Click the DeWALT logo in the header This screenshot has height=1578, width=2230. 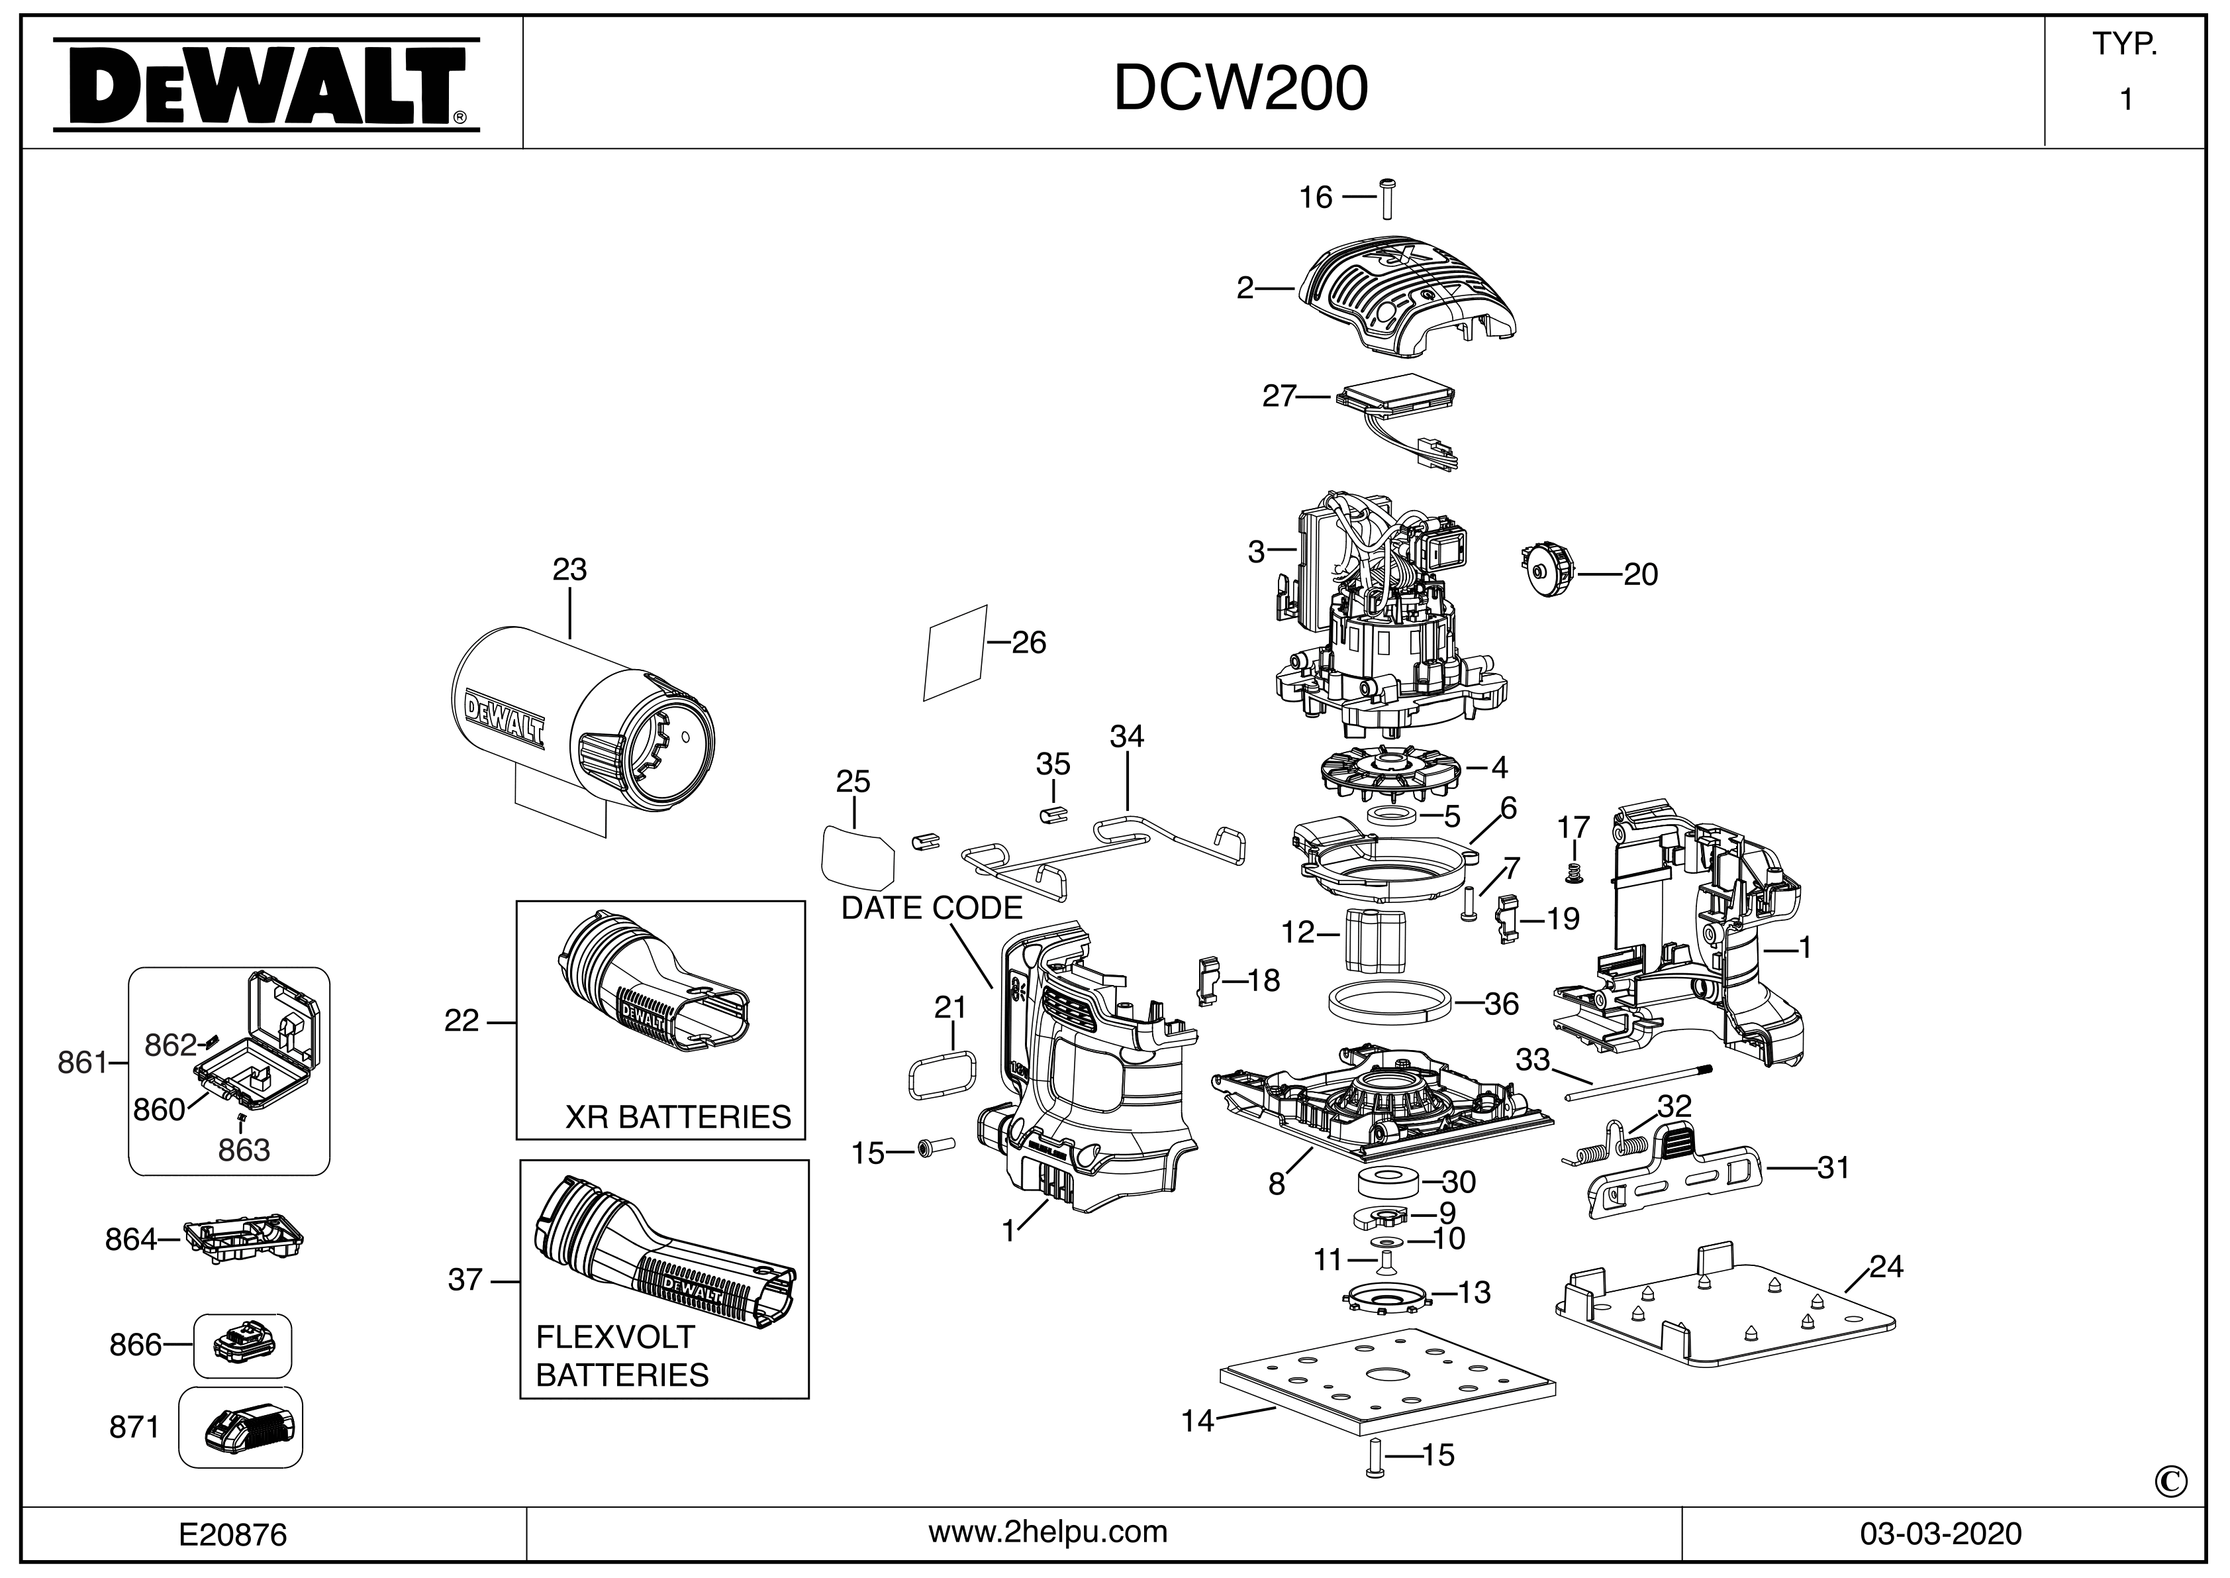pyautogui.click(x=264, y=85)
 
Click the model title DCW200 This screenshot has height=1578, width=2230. pyautogui.click(x=1240, y=88)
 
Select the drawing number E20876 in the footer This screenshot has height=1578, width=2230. pyautogui.click(x=233, y=1534)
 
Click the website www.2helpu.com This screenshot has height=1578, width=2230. pyautogui.click(x=1048, y=1532)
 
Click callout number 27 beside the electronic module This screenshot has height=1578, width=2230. pyautogui.click(x=1279, y=396)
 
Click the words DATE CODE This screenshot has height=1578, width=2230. pyautogui.click(x=932, y=908)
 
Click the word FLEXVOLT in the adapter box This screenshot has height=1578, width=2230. pyautogui.click(x=615, y=1337)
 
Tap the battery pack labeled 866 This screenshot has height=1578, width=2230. pyautogui.click(x=243, y=1345)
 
